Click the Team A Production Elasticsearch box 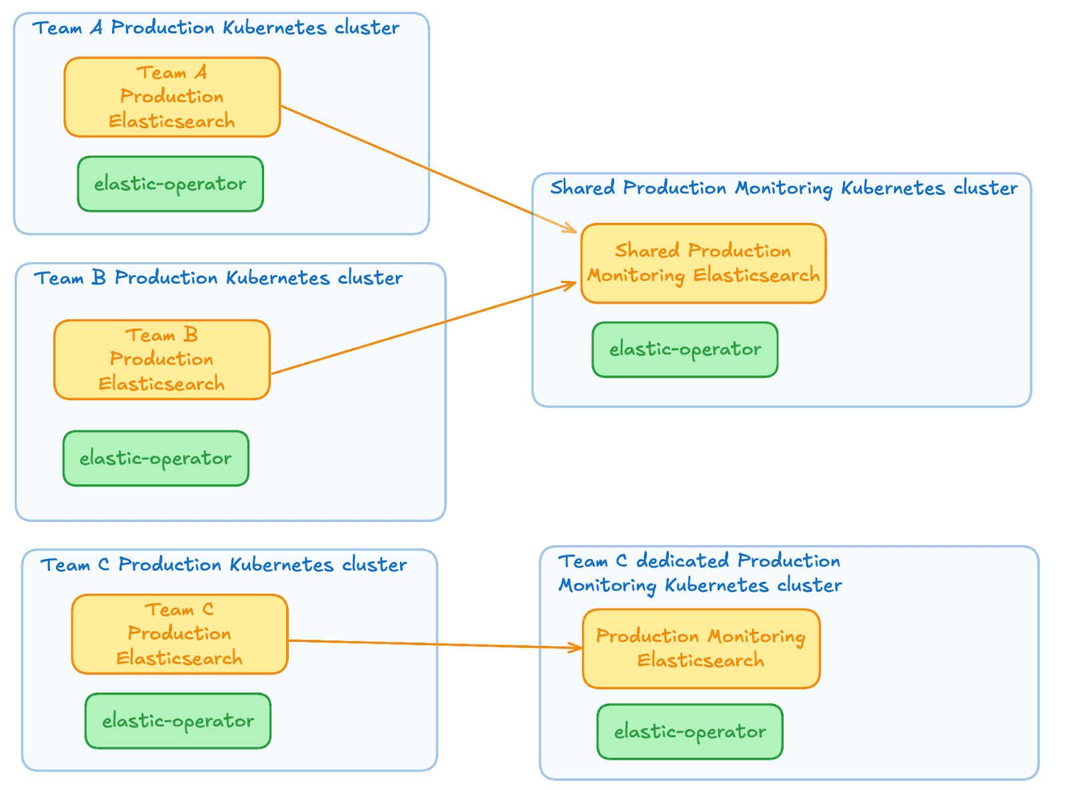172,97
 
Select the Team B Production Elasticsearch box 162,360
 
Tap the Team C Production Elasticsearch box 179,634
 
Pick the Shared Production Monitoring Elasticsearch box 703,264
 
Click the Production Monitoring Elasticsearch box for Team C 701,649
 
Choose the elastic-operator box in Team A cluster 170,184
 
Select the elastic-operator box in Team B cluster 155,458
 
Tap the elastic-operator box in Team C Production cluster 178,721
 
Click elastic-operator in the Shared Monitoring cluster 685,350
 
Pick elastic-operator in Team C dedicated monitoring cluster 690,732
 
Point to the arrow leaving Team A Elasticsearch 427,168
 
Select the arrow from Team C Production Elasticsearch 433,644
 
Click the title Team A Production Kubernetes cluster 216,28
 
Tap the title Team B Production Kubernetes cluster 218,278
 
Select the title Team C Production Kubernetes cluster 223,565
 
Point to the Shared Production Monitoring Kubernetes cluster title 784,188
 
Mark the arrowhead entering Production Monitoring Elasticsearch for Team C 577,647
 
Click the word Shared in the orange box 647,251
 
